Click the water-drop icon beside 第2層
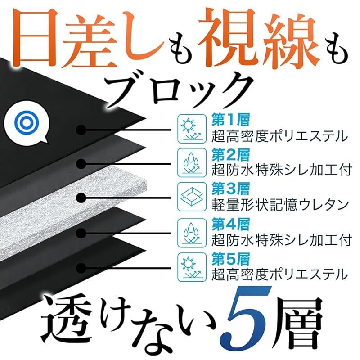[x=191, y=162]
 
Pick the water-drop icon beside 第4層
[x=191, y=231]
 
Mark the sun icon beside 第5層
[x=191, y=266]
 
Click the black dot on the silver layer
[x=81, y=198]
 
